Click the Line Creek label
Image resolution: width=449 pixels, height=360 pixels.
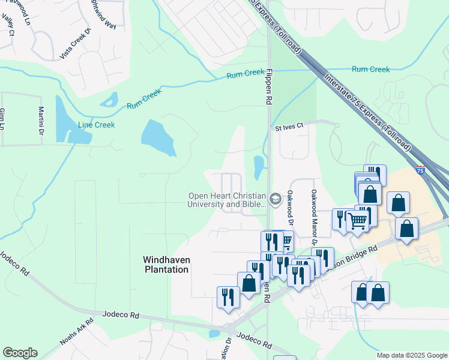(96, 125)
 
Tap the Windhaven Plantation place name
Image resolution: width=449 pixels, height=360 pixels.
(166, 265)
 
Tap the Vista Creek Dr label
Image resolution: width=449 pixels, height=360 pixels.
(75, 44)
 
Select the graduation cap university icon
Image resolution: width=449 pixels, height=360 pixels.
(276, 199)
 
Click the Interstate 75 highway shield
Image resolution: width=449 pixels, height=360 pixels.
(420, 170)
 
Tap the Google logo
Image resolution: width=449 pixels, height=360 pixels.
(20, 353)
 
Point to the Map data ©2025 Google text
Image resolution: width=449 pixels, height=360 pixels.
(411, 355)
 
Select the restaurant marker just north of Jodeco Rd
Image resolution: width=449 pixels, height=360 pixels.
(228, 296)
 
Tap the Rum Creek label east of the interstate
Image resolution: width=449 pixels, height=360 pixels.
(370, 70)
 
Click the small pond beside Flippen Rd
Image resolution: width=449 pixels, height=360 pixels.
(258, 167)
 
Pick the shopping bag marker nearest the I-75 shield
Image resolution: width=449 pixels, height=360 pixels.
(399, 203)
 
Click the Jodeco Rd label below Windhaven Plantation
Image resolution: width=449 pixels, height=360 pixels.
(121, 314)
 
